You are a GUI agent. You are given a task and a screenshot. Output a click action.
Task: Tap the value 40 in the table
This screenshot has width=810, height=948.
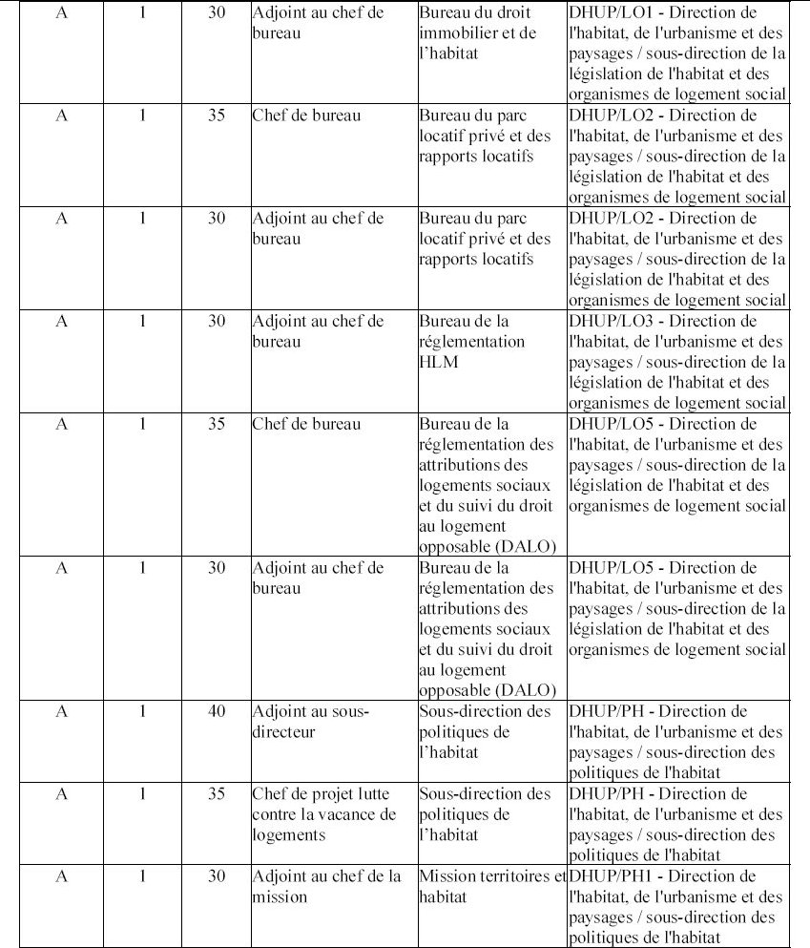click(217, 711)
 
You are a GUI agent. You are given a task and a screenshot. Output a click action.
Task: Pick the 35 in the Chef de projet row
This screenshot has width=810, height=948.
click(217, 794)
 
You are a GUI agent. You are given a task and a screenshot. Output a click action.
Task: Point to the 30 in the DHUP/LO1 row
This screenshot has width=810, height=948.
click(217, 13)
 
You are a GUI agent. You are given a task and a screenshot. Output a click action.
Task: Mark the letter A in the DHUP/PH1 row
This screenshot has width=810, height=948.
click(62, 876)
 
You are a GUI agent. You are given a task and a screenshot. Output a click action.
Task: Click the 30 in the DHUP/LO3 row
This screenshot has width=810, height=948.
click(217, 321)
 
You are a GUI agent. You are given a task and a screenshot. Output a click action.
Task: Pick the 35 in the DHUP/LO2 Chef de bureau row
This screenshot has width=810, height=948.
click(217, 116)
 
